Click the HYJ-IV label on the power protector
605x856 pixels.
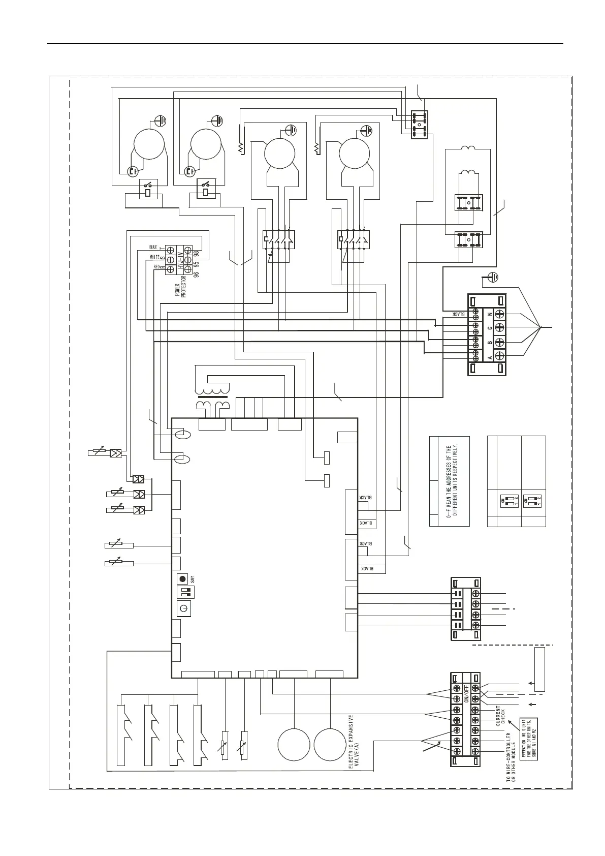tap(180, 260)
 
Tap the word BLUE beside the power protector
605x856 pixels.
tap(153, 247)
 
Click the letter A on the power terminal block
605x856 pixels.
tap(489, 357)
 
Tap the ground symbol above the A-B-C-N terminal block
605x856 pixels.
tap(491, 278)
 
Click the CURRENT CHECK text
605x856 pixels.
tap(500, 714)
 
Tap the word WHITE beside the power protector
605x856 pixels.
tap(154, 257)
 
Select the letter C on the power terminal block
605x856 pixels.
tap(489, 328)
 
